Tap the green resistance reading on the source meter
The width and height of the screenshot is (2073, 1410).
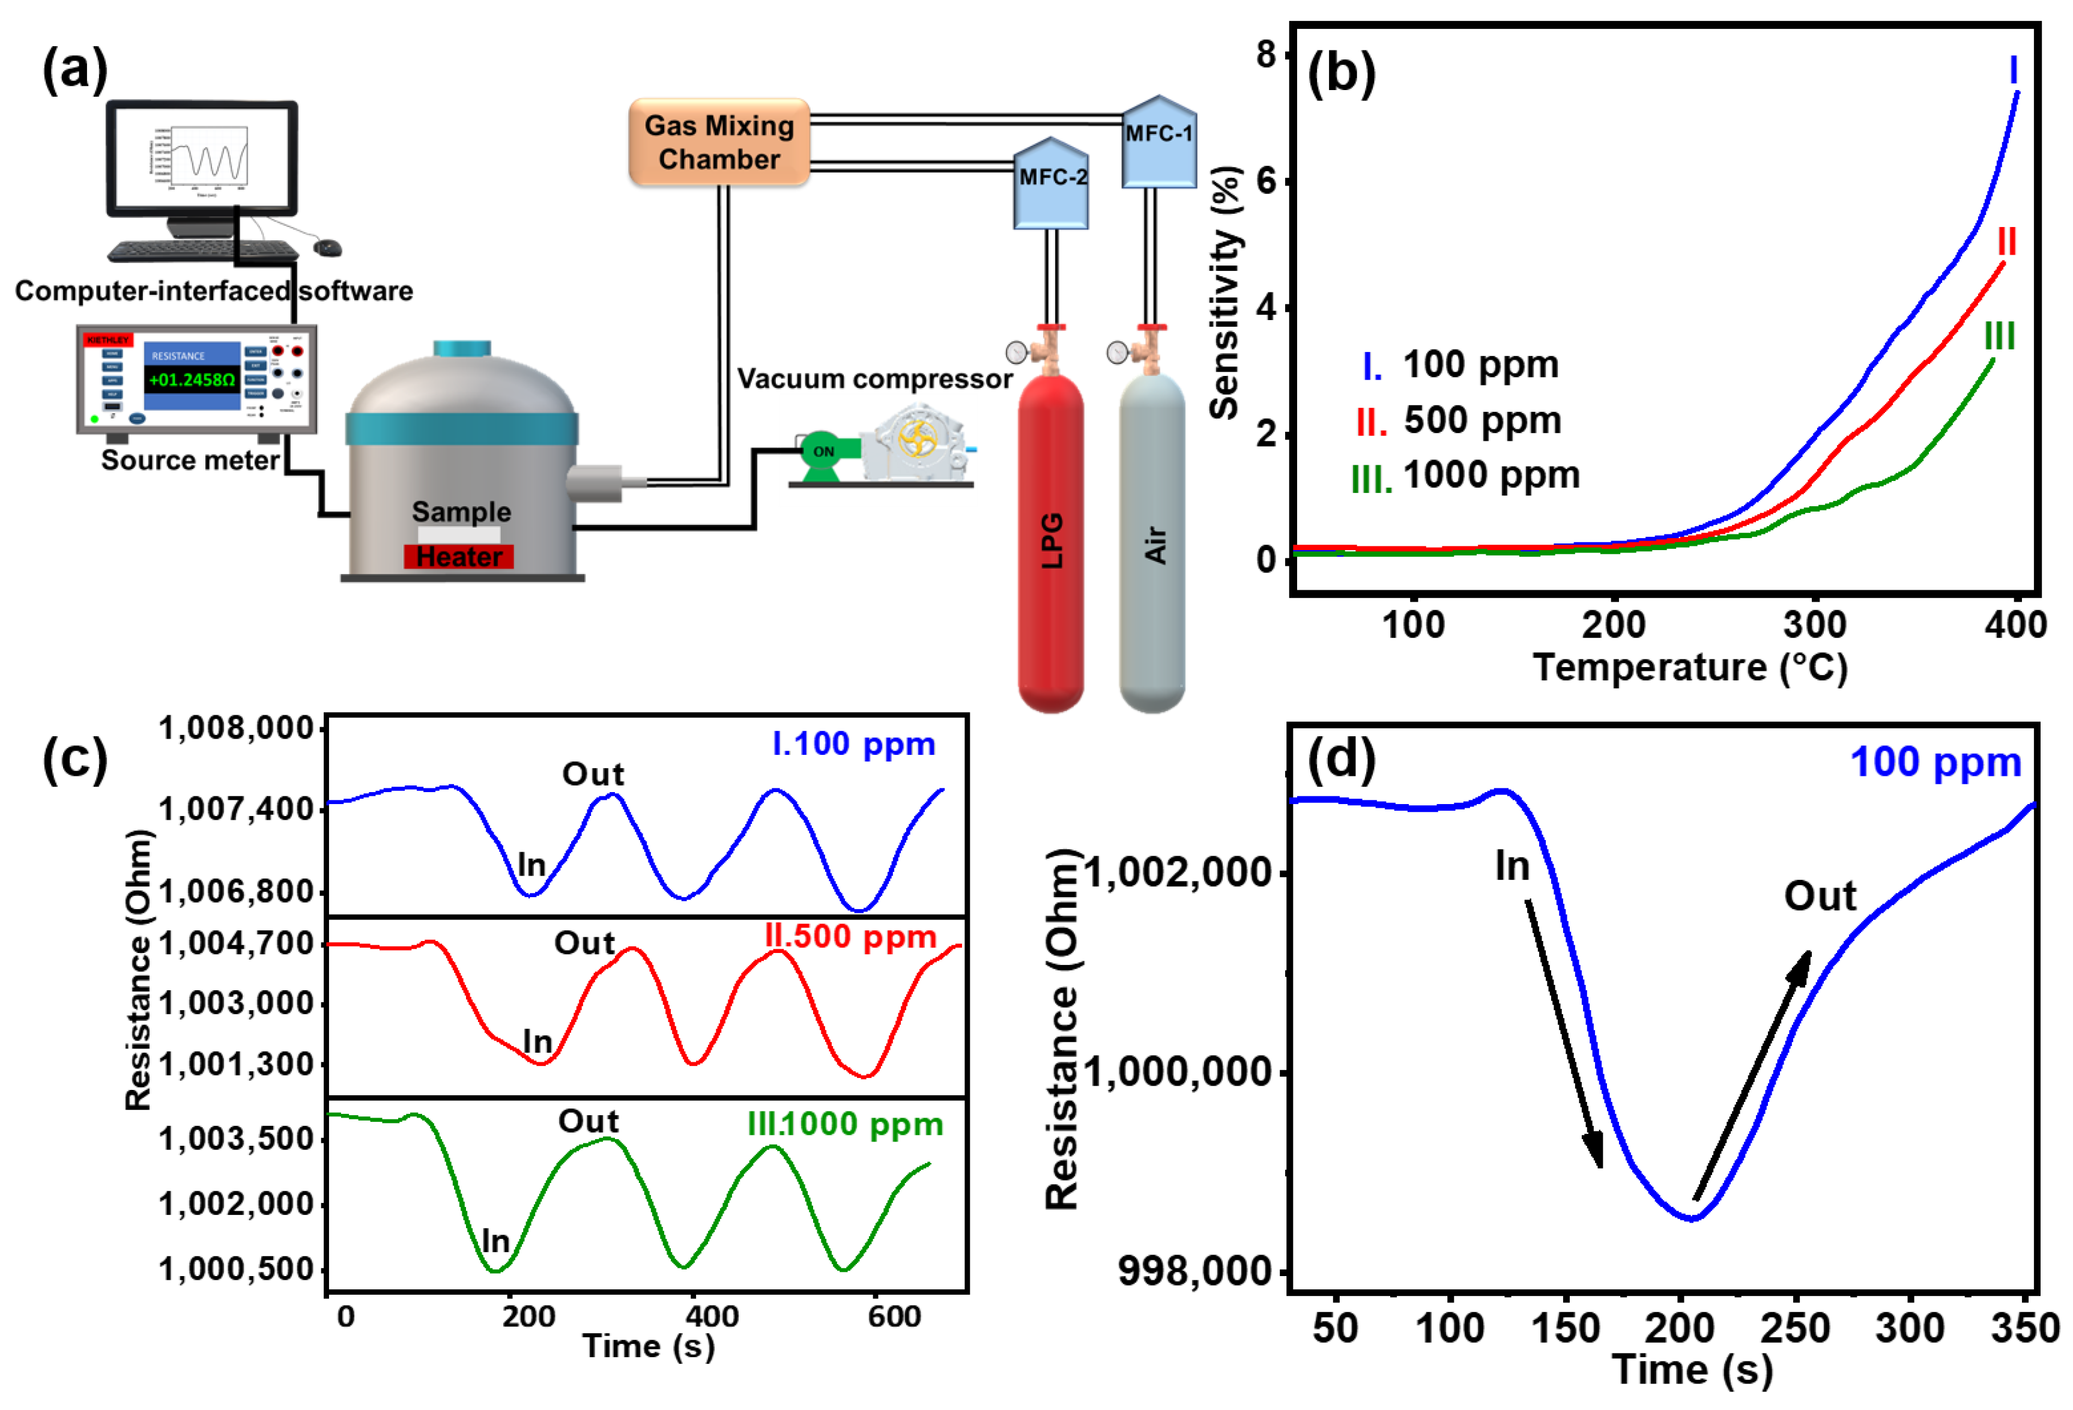(x=192, y=380)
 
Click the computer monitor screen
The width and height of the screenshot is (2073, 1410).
(x=202, y=158)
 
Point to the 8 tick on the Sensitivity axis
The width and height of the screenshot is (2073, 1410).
(x=1266, y=55)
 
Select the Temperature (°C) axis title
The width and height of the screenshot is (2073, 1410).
(x=1689, y=667)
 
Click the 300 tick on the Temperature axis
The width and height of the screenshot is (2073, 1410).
(x=1814, y=625)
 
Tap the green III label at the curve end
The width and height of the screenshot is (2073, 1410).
(x=1999, y=336)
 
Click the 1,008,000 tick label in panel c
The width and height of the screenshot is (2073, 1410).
(x=237, y=728)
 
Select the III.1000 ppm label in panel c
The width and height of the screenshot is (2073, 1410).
(x=845, y=1124)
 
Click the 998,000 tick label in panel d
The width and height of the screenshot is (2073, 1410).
(x=1194, y=1271)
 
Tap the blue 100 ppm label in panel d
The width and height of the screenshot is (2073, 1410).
(x=1935, y=763)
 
